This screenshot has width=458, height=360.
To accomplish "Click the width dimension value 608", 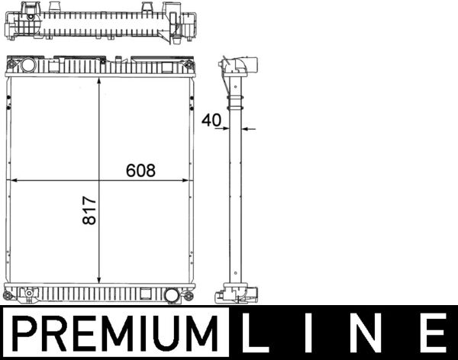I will click(140, 171).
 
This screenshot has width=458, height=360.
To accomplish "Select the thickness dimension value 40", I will click(211, 119).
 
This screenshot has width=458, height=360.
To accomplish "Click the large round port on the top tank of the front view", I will click(28, 66).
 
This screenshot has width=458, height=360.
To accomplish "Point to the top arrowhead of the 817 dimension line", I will click(100, 82).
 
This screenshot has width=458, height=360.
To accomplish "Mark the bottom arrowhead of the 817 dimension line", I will click(100, 278).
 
